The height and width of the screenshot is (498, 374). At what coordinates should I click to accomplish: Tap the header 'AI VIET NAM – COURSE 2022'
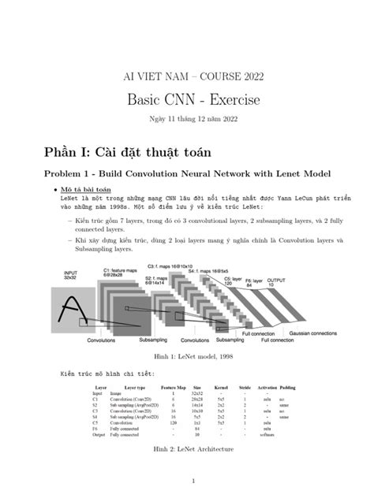click(x=188, y=76)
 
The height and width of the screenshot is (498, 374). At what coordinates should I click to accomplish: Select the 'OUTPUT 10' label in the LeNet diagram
click(x=278, y=282)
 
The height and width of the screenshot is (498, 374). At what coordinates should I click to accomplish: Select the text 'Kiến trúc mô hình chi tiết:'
click(x=107, y=373)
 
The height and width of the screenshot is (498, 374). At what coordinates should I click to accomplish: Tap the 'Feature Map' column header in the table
click(x=173, y=388)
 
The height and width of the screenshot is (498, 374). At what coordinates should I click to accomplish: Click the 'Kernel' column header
click(x=222, y=388)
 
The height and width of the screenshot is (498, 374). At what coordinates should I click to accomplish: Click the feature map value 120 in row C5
click(x=173, y=422)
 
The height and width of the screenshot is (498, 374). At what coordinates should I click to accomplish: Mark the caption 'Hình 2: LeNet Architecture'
click(x=187, y=449)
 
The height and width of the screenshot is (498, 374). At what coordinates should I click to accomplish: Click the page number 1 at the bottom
click(x=187, y=479)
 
